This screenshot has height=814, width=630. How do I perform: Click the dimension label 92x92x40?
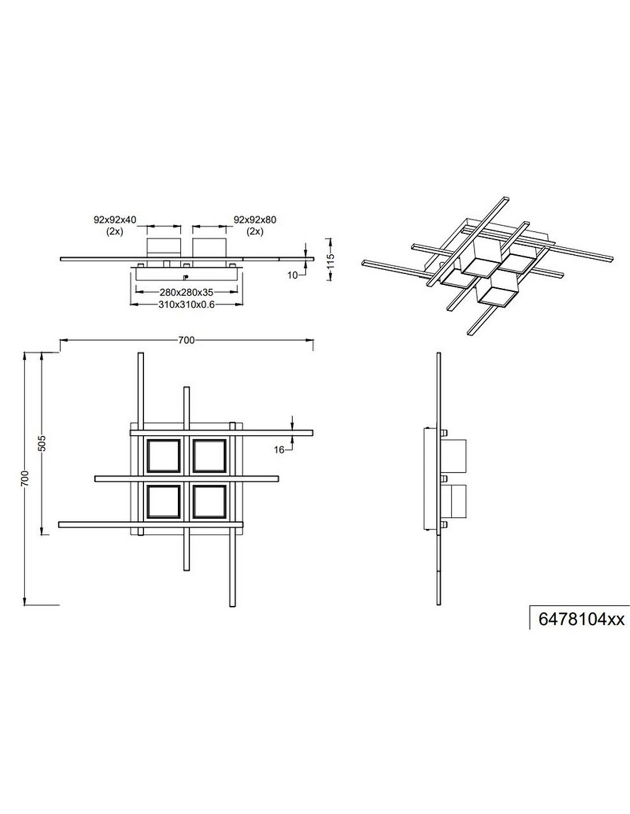click(x=115, y=220)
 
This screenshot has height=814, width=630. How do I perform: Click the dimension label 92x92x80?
click(x=255, y=220)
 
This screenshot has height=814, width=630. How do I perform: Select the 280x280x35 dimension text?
click(x=186, y=292)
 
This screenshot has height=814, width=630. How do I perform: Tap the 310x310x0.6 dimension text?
click(x=186, y=305)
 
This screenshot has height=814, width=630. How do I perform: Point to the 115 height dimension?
click(x=330, y=259)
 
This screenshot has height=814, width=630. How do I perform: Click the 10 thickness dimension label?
click(x=293, y=275)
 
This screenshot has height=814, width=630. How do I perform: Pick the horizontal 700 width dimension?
click(x=186, y=340)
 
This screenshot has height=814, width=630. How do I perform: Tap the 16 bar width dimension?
click(x=279, y=450)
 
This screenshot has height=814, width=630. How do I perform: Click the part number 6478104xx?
click(x=581, y=619)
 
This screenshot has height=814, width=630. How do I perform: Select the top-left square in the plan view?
click(x=164, y=456)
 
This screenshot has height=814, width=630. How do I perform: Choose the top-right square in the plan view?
click(x=210, y=456)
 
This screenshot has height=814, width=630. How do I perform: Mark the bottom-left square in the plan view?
click(x=164, y=502)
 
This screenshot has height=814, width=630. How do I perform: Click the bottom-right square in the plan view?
click(x=210, y=502)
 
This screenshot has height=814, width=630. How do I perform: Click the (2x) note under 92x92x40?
click(x=115, y=231)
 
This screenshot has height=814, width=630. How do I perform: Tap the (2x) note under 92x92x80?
click(x=255, y=231)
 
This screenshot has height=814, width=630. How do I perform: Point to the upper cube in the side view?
click(x=454, y=456)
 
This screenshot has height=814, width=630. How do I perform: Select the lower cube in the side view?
click(x=454, y=502)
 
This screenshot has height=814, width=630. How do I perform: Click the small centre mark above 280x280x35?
click(x=185, y=277)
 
